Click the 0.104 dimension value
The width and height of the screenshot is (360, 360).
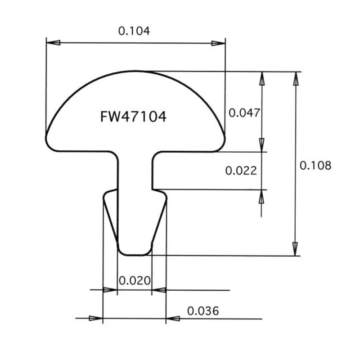(x=134, y=31)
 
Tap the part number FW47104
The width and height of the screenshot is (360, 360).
(x=133, y=117)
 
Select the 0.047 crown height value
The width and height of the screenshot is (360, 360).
(x=244, y=113)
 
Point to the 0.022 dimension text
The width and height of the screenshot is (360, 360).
(x=241, y=171)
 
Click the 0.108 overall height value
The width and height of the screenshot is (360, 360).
(x=315, y=166)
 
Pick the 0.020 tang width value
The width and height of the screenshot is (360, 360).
(x=135, y=280)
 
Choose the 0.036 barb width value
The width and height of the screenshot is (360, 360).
(x=203, y=311)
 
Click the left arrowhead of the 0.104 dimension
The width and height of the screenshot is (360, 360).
(x=53, y=43)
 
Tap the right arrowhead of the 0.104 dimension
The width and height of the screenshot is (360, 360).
(x=218, y=43)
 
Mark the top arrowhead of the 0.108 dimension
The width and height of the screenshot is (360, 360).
(x=296, y=79)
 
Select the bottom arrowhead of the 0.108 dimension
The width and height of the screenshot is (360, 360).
(x=295, y=249)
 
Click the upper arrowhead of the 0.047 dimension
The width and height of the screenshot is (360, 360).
(x=262, y=79)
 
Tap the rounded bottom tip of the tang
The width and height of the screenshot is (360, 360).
(x=135, y=255)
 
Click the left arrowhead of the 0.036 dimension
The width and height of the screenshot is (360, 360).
(x=96, y=318)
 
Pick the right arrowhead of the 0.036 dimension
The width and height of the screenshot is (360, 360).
(x=173, y=319)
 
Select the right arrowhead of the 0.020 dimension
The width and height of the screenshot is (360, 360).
(x=159, y=290)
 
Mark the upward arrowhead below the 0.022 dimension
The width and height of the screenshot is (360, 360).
(x=261, y=197)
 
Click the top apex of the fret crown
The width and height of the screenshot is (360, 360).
(x=135, y=71)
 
